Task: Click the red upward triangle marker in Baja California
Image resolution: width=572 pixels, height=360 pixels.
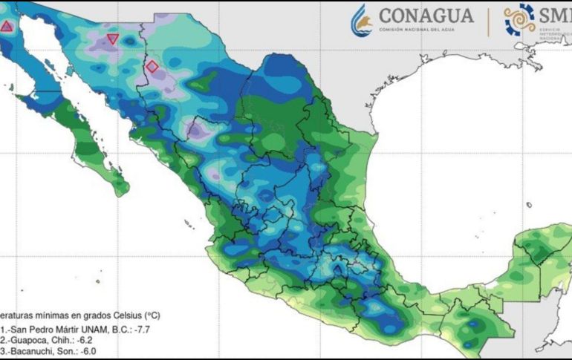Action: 7,27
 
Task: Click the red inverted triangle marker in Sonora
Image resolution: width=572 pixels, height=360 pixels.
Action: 112,39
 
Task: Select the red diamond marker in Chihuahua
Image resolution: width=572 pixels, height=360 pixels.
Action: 152,66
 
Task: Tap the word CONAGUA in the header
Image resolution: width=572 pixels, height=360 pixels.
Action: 426,16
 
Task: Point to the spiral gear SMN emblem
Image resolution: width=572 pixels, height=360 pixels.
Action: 519,19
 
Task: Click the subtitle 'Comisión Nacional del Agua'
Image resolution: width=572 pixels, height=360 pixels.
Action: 426,30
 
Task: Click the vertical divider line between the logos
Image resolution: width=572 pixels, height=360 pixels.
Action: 488,20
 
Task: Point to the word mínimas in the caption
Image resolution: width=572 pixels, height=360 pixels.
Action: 53,315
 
